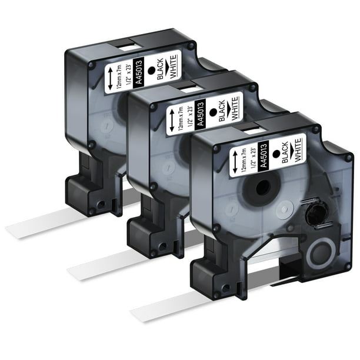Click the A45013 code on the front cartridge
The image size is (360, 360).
pos(264,156)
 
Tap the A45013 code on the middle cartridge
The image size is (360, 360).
pos(201,114)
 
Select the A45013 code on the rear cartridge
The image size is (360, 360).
pos(139,73)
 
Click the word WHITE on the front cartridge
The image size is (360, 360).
pos(298,150)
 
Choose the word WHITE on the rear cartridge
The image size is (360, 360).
pos(173,66)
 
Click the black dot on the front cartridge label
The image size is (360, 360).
pos(276,154)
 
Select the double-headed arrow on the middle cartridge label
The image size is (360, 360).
pos(172,121)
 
